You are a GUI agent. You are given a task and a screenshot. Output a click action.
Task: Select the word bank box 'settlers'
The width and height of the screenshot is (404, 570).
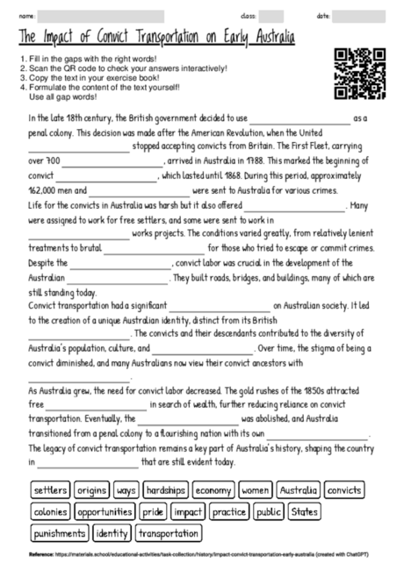tap(50, 489)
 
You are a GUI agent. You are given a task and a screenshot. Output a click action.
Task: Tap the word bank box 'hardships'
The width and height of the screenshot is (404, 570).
tap(164, 489)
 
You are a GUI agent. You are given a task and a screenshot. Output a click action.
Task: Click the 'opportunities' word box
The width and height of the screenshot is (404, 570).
tap(105, 511)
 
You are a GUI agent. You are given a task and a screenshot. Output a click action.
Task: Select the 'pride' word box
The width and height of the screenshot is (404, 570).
tap(153, 511)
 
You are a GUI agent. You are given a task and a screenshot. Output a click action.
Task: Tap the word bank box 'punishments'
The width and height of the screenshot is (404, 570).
tap(59, 533)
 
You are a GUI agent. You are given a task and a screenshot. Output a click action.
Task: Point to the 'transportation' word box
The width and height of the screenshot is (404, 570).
tap(169, 533)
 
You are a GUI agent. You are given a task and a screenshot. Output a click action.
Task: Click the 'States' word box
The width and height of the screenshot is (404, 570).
tap(304, 511)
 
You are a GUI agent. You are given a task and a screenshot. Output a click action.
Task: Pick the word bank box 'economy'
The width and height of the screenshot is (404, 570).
tap(213, 489)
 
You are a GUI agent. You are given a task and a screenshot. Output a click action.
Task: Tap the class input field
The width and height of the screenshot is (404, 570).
tap(271, 16)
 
